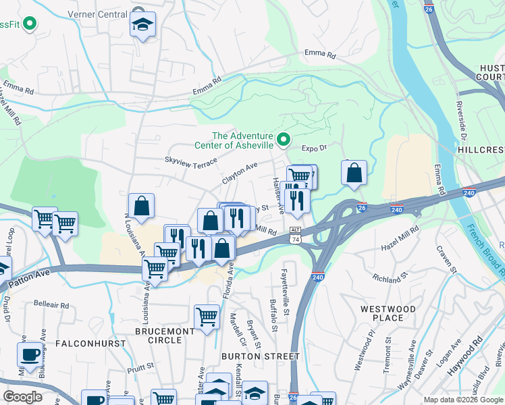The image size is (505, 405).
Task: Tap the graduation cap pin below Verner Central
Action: (142, 26)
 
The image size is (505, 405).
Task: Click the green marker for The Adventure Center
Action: (284, 140)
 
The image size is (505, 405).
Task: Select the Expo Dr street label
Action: (314, 148)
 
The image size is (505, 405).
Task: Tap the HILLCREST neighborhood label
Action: (481, 148)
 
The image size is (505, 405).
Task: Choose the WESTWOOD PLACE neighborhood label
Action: (388, 313)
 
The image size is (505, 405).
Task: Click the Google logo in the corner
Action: (22, 397)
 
